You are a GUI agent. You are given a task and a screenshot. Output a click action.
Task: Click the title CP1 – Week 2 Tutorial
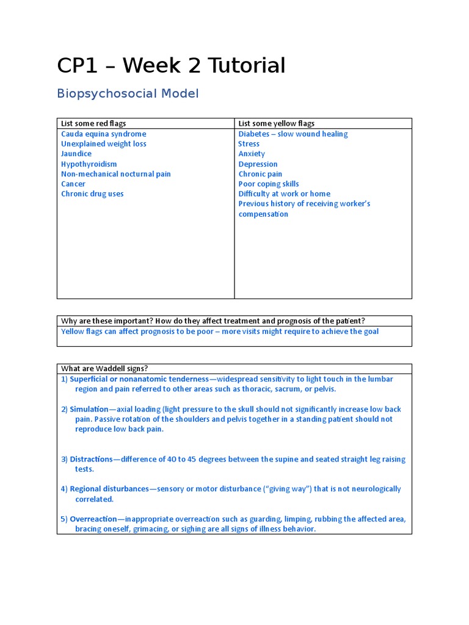171,65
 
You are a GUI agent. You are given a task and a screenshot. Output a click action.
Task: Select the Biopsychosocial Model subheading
128,93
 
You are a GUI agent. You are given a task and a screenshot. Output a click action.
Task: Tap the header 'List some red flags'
93,123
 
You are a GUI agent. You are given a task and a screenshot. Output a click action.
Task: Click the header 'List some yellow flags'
277,123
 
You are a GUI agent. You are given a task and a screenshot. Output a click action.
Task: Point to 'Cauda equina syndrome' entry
103,134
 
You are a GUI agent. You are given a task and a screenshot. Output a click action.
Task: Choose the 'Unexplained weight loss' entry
103,144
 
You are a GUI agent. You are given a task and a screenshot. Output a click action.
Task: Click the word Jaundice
76,154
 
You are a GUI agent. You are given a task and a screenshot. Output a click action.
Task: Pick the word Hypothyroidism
89,164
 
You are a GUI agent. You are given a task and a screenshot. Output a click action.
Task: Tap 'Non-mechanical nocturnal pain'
115,174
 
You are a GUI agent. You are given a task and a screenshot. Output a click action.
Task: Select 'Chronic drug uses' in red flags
92,194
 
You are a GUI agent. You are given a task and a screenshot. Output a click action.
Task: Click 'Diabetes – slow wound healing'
293,134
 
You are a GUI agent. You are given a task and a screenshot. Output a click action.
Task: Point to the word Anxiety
252,154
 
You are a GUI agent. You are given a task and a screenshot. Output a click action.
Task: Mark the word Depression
258,164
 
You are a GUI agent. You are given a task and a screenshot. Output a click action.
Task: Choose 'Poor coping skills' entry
269,184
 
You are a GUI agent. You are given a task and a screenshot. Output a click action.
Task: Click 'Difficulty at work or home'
284,194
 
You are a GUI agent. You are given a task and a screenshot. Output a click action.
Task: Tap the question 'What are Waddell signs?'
104,368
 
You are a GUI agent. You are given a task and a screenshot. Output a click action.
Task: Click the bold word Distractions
91,459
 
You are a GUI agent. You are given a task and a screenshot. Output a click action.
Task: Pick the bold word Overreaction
93,519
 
